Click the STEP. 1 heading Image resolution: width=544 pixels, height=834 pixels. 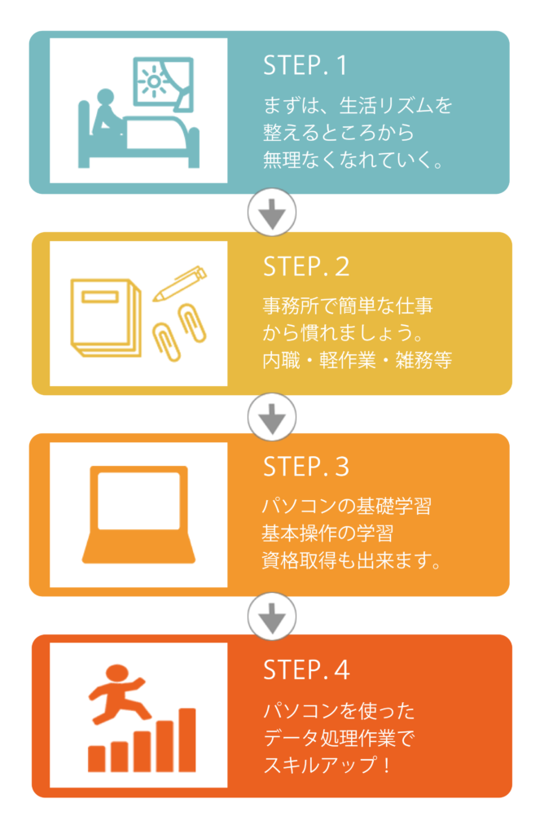coord(305,65)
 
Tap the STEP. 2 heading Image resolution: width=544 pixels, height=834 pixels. coord(306,266)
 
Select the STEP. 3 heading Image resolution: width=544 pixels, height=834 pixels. coord(306,467)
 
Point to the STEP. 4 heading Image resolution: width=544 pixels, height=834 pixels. coord(306,669)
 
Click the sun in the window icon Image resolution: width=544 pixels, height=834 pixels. coord(154,81)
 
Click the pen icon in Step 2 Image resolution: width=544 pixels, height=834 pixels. coord(180,283)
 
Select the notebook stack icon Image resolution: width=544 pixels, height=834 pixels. coord(106,318)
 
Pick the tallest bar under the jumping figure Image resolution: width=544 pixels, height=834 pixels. coord(187,740)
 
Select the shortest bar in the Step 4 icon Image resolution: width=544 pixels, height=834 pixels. coord(96,759)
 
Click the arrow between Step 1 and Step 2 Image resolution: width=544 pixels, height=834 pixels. coord(272,214)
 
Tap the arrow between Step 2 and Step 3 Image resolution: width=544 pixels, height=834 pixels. coord(272,418)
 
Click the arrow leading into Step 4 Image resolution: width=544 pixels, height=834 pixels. coord(272,618)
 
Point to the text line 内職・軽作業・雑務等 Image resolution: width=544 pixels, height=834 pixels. coord(358,360)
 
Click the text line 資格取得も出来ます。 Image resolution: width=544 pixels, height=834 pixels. coord(352,560)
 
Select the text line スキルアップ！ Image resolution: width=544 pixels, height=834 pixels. coord(327,765)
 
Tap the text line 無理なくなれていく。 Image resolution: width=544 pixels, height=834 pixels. coord(353,160)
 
